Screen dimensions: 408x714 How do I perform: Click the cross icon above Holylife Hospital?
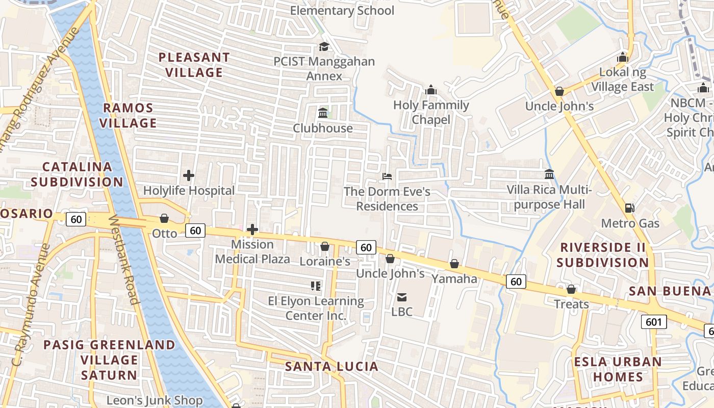click(x=189, y=176)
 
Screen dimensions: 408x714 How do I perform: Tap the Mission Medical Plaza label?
click(x=252, y=251)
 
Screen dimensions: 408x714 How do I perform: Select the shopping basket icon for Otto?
click(x=164, y=219)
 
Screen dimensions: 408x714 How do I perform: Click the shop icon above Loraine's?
click(x=324, y=247)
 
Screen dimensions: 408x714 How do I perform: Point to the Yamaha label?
click(x=454, y=278)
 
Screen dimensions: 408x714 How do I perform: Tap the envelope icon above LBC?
click(x=402, y=297)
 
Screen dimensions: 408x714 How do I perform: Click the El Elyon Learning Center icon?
click(x=316, y=286)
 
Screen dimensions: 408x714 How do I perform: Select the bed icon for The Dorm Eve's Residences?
click(x=387, y=176)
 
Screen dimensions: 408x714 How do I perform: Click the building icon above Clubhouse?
click(x=322, y=113)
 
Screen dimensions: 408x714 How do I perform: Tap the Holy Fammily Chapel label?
click(x=431, y=112)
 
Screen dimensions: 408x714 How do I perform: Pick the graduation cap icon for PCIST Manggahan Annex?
click(x=324, y=47)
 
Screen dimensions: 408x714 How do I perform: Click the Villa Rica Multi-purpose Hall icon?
click(x=549, y=174)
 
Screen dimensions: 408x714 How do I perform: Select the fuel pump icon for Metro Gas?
click(x=630, y=208)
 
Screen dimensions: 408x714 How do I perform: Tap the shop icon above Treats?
click(x=571, y=290)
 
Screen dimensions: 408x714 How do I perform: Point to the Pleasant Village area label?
click(x=194, y=65)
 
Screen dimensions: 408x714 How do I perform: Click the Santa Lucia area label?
click(x=331, y=366)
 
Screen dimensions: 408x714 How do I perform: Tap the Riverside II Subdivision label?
click(x=602, y=255)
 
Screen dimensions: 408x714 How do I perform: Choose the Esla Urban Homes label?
click(x=618, y=369)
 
